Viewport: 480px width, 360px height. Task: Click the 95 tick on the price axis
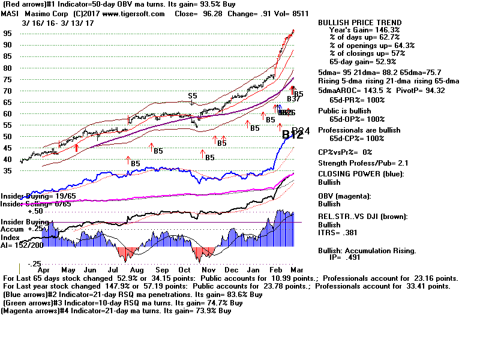click(7, 34)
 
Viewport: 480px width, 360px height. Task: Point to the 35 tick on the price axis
click(7, 171)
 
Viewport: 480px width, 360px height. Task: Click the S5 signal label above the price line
click(192, 96)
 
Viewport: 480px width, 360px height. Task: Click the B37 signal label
click(293, 99)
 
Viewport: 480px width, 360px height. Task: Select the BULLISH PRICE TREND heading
click(360, 23)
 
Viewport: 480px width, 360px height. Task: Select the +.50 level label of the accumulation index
click(36, 211)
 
